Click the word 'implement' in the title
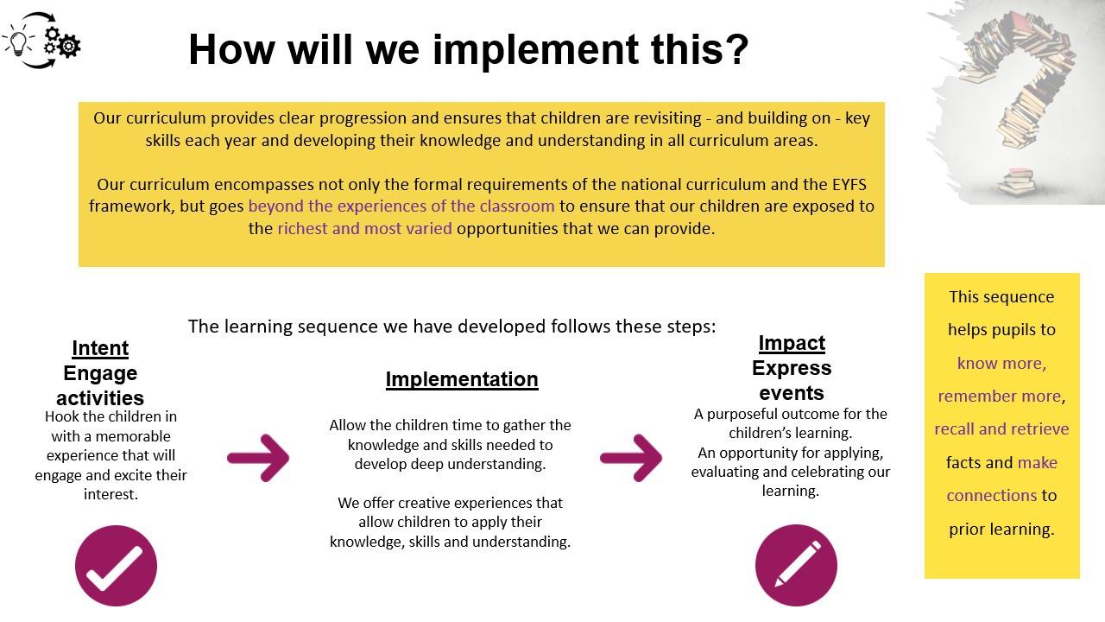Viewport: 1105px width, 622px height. (x=535, y=50)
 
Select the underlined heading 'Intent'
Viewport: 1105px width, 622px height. (x=100, y=348)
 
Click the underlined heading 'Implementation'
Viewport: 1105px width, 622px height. (x=462, y=379)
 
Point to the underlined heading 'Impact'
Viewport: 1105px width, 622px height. (x=792, y=343)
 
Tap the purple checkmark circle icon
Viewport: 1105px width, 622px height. (x=116, y=566)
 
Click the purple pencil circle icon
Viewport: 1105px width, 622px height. (x=796, y=565)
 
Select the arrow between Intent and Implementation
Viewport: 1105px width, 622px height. (x=258, y=458)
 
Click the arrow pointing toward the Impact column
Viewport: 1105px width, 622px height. (x=631, y=458)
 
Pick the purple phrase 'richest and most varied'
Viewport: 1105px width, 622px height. (x=364, y=229)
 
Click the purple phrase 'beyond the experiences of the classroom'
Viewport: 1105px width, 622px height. (x=401, y=206)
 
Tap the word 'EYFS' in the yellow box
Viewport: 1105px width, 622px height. (x=849, y=184)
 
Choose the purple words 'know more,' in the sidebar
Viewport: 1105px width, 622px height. (x=1002, y=364)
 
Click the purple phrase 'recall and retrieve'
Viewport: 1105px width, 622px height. (x=1002, y=429)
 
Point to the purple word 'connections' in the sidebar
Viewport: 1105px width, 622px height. (x=992, y=495)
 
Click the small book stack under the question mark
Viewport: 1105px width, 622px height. (x=1017, y=181)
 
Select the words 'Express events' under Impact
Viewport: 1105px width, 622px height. (x=792, y=381)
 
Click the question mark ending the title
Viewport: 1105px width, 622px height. (x=737, y=49)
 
